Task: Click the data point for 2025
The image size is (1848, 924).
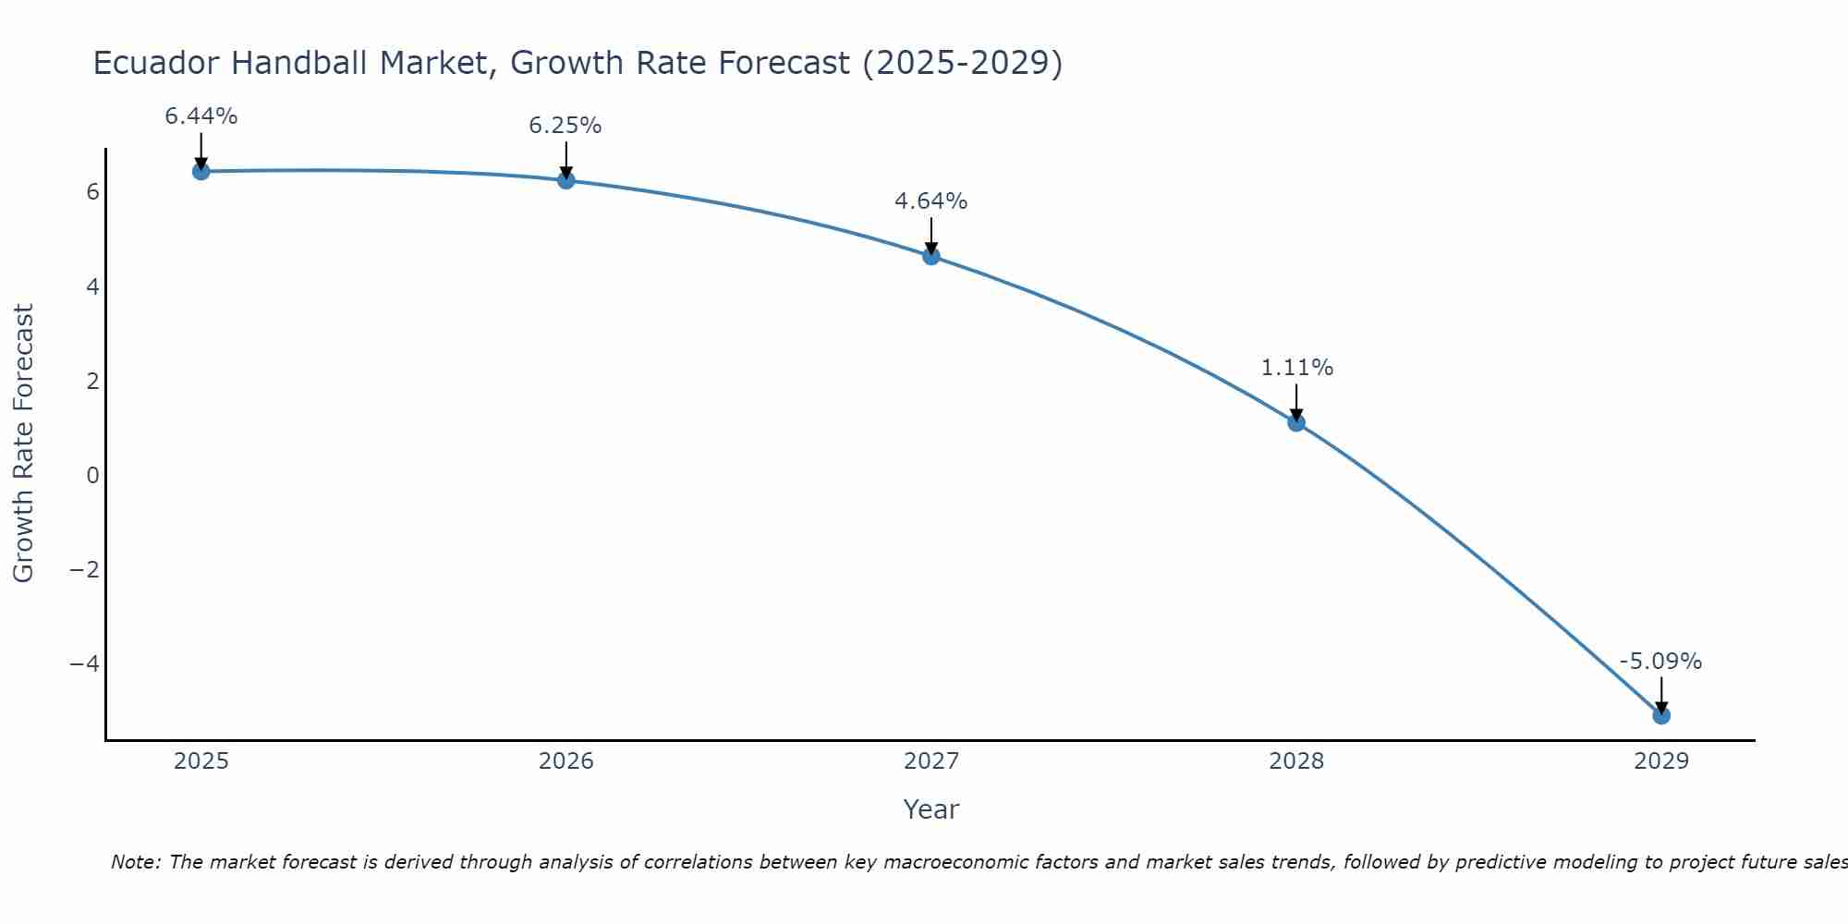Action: [x=201, y=171]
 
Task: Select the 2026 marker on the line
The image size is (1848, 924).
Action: [x=566, y=180]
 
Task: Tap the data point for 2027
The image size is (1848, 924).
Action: [x=931, y=256]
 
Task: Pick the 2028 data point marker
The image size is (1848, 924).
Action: [x=1296, y=422]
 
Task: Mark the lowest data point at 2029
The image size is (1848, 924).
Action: [x=1661, y=715]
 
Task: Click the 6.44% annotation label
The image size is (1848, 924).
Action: [x=201, y=116]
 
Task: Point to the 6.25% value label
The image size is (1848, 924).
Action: [x=565, y=126]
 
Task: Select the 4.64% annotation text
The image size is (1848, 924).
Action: [x=931, y=201]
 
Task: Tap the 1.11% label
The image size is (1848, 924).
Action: [x=1297, y=368]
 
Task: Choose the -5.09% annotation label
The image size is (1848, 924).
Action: [x=1660, y=662]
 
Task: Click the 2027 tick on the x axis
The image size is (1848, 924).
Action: [x=931, y=761]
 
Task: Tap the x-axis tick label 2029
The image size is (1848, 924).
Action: [x=1661, y=761]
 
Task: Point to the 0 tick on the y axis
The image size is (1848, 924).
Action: [x=92, y=475]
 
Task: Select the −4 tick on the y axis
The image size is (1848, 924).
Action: [x=85, y=663]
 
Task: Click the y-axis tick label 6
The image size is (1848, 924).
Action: [x=92, y=192]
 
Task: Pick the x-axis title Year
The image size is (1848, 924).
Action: [x=931, y=809]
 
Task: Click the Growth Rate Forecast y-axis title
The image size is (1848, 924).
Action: [x=23, y=443]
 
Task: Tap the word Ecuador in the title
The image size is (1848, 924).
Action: [x=157, y=63]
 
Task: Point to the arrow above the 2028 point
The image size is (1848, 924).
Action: [x=1296, y=401]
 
